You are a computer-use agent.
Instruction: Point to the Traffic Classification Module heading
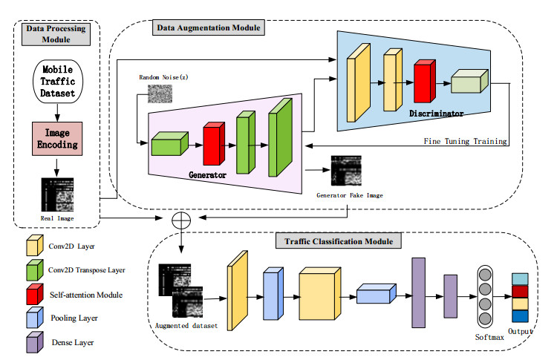339,241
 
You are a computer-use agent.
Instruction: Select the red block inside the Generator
213,144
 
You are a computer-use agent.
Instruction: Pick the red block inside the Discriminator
423,82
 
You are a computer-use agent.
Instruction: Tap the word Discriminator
436,114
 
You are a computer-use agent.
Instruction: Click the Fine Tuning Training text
465,141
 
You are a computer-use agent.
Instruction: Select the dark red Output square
521,292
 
